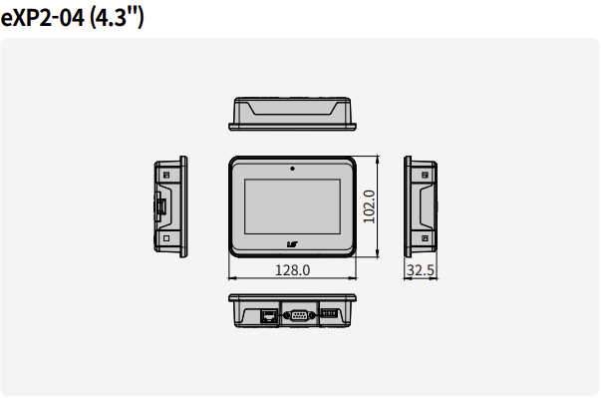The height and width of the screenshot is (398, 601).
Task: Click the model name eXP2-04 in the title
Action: pos(43,17)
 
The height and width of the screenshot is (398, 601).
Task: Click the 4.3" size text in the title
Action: pos(118,17)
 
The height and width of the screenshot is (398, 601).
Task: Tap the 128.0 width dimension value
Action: pos(292,269)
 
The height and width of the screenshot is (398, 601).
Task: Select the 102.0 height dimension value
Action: pos(369,206)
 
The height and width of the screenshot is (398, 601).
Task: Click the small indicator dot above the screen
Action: pos(293,168)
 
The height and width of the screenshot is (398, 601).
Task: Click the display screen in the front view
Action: pos(293,203)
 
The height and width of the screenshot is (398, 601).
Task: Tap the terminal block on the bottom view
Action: pos(326,315)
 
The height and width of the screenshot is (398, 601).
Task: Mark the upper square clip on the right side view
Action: pos(425,174)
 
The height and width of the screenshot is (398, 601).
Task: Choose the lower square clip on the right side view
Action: pos(425,239)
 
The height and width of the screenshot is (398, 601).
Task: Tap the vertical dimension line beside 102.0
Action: pos(381,206)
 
